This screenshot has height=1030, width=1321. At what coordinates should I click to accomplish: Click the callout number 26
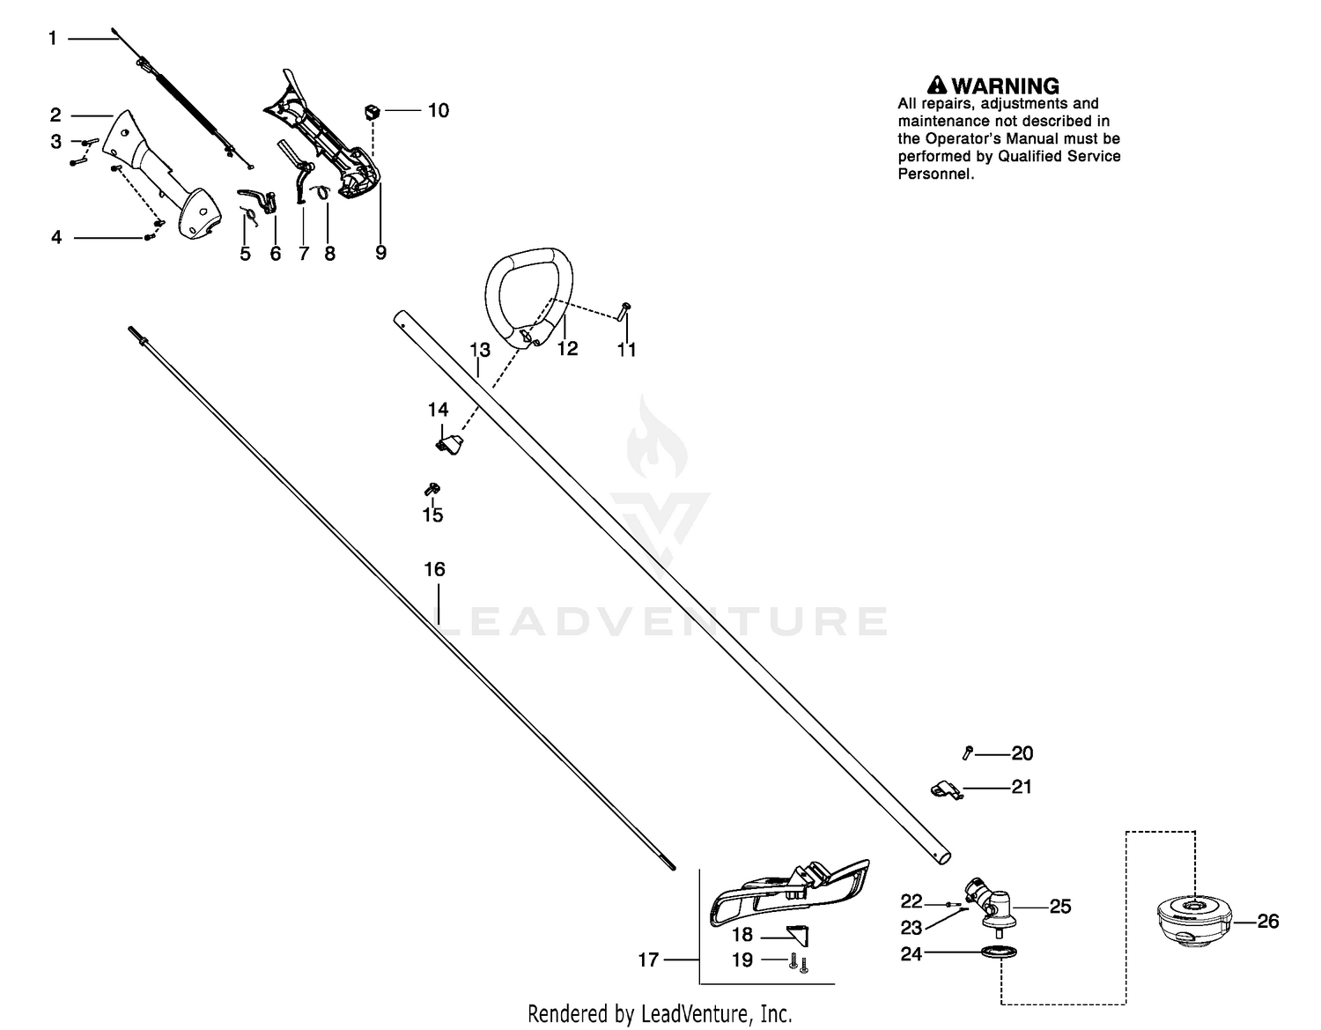[x=1267, y=922]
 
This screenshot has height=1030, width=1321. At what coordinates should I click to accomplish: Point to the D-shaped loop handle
[x=529, y=297]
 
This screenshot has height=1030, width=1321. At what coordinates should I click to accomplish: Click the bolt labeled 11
[x=624, y=311]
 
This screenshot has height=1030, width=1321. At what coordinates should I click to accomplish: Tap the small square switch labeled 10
[x=372, y=112]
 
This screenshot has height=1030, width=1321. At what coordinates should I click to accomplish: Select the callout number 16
[x=435, y=570]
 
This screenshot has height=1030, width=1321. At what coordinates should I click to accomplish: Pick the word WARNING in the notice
[x=1005, y=85]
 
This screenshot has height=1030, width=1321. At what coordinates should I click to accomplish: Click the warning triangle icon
[x=937, y=85]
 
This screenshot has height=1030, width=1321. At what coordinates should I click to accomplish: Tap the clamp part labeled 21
[x=947, y=789]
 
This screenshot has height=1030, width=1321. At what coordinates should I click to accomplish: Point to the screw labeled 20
[x=968, y=753]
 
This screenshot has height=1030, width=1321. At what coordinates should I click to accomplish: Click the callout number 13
[x=480, y=350]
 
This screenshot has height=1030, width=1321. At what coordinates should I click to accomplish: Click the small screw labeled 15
[x=432, y=489]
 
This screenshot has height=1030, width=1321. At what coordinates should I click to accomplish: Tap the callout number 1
[x=53, y=39]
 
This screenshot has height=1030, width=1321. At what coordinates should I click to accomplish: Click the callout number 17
[x=648, y=960]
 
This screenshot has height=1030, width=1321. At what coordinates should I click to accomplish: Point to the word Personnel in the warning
[x=936, y=174]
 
